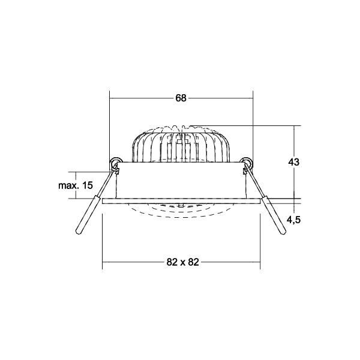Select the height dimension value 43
(293, 163)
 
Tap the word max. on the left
(69, 185)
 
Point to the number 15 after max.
(87, 185)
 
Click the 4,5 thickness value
(293, 220)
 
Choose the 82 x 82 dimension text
(181, 262)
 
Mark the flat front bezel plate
(181, 200)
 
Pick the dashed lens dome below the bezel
(181, 211)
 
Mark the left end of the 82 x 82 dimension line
(103, 262)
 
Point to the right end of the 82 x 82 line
(259, 262)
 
